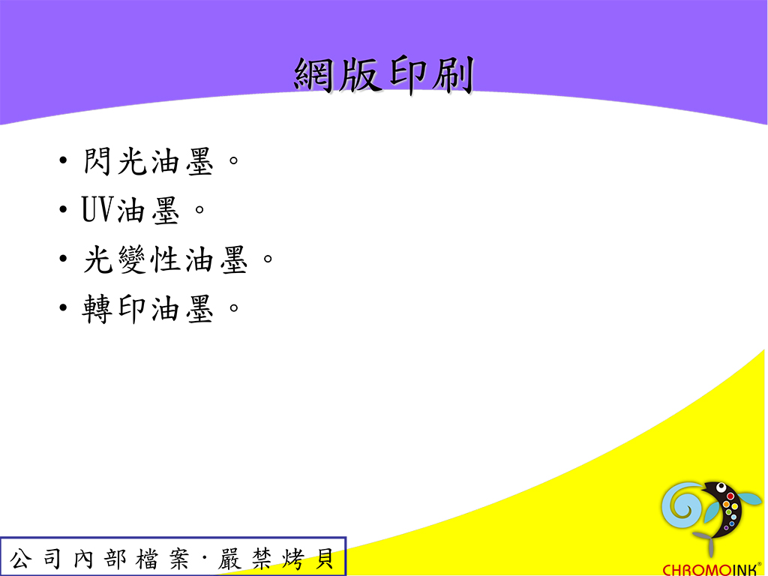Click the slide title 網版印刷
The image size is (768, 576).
pyautogui.click(x=384, y=75)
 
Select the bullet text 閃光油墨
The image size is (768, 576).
pyautogui.click(x=148, y=161)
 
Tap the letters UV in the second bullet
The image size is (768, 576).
pyautogui.click(x=98, y=210)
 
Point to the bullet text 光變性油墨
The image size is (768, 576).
pyautogui.click(x=166, y=259)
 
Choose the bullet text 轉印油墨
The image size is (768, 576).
pyautogui.click(x=148, y=308)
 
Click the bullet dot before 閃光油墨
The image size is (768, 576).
pyautogui.click(x=63, y=160)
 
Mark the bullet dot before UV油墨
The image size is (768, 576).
pyautogui.click(x=63, y=210)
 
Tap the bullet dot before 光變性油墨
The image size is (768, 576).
pyautogui.click(x=63, y=258)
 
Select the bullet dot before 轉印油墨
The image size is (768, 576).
pyautogui.click(x=63, y=307)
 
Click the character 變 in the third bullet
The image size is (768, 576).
pyautogui.click(x=132, y=259)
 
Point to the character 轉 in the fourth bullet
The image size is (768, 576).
pyautogui.click(x=97, y=308)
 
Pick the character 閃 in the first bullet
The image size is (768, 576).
pyautogui.click(x=97, y=161)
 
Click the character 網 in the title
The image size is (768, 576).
pyautogui.click(x=314, y=75)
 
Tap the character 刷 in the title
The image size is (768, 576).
pyautogui.click(x=453, y=75)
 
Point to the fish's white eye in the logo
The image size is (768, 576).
pyautogui.click(x=721, y=487)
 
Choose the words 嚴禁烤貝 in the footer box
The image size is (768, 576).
pyautogui.click(x=276, y=558)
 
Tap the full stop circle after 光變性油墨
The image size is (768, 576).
pyautogui.click(x=268, y=258)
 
